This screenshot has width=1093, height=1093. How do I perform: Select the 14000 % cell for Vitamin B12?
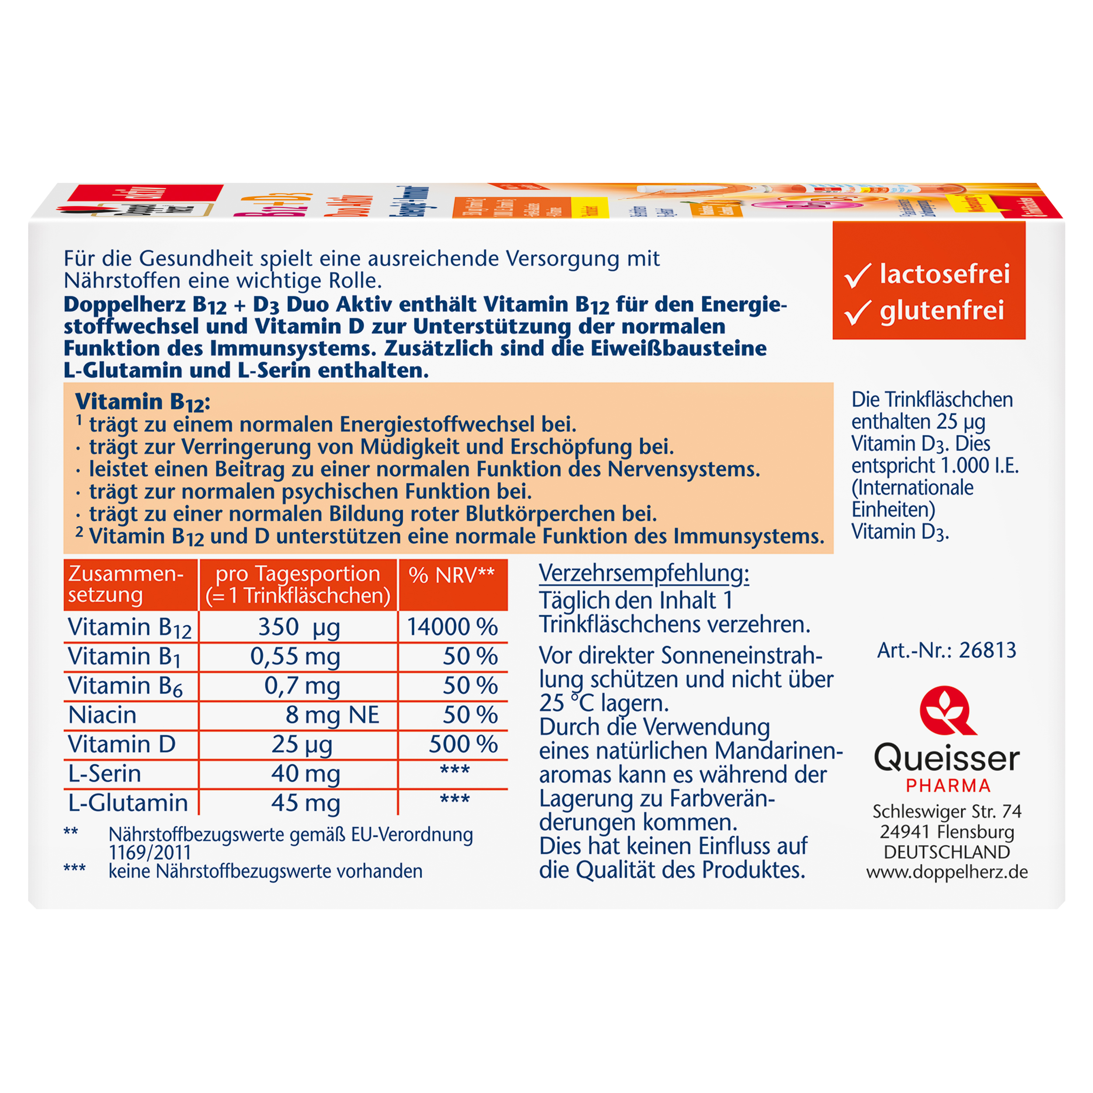coord(453,627)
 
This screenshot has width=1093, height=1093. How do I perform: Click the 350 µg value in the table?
coord(299,627)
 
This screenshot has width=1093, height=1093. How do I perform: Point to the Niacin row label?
coord(102,715)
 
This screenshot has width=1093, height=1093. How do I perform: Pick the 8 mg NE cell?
coord(332,715)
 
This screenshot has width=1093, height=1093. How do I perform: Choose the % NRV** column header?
coord(452,575)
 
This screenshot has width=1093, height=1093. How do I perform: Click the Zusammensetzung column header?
coord(125,585)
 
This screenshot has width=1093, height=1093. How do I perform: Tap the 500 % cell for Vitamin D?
coord(463,744)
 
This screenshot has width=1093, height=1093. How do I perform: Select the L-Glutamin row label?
coord(128,803)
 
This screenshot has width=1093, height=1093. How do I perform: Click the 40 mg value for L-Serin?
coord(306,773)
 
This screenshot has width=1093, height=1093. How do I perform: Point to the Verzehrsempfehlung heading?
coord(644,574)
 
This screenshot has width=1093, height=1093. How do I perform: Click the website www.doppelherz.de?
coord(947,872)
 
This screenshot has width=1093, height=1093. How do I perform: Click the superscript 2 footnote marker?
coord(80,533)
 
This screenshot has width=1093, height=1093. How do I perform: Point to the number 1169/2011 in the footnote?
coord(150,853)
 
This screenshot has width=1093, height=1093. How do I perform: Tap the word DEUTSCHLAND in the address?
coord(947,852)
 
